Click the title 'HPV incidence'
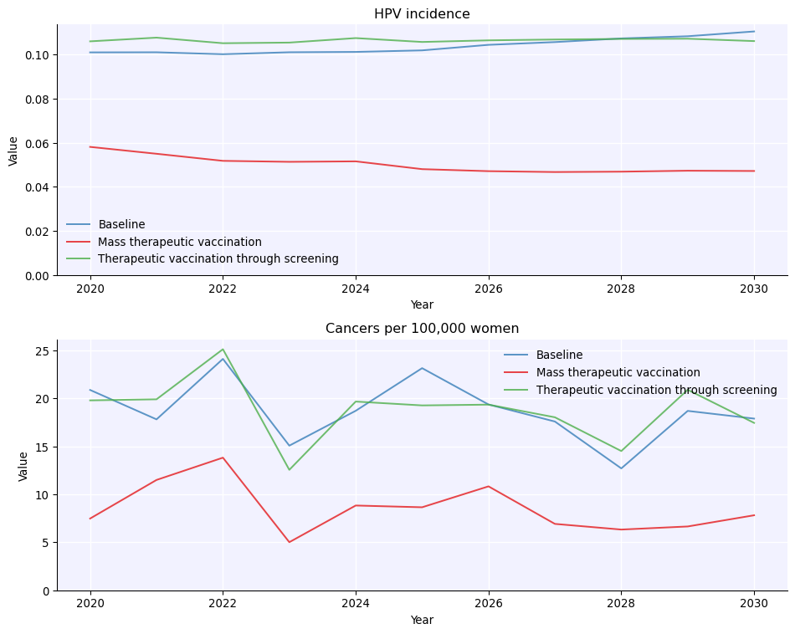(x=422, y=14)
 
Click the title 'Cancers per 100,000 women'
(x=422, y=329)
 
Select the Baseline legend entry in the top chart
(x=121, y=225)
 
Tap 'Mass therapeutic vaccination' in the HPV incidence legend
(x=179, y=242)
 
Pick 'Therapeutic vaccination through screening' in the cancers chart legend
(x=656, y=390)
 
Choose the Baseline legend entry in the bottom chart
(x=559, y=355)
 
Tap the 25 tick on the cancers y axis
(x=44, y=351)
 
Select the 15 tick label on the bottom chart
(x=44, y=447)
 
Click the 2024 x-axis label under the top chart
(x=356, y=289)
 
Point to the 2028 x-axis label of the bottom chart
(x=621, y=604)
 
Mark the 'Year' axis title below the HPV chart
(x=422, y=305)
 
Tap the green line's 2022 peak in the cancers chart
(x=223, y=350)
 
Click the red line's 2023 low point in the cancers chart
(x=290, y=542)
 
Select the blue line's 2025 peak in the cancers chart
(x=422, y=368)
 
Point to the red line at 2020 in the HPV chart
(x=90, y=147)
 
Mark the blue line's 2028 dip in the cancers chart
(x=621, y=468)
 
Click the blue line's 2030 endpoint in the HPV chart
(x=754, y=32)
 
